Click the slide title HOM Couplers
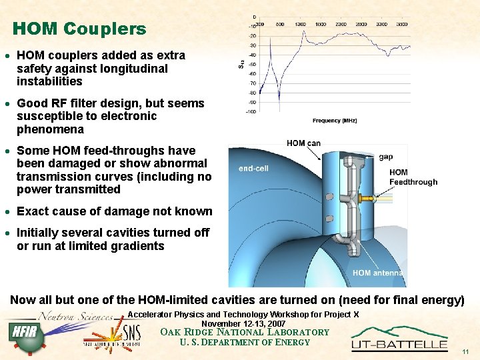coord(79,29)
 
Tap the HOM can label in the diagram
coord(303,143)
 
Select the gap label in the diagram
coord(385,157)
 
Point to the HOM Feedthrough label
coord(413,177)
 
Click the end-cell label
coord(253,169)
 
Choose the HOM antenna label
coord(377,273)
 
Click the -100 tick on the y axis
coord(251,111)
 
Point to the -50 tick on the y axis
coord(252,64)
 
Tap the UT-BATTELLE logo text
coord(399,344)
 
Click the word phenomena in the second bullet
coord(50,129)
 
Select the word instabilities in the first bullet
coord(49,81)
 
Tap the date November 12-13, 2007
coord(243,323)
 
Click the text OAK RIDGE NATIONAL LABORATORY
coord(245,332)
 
